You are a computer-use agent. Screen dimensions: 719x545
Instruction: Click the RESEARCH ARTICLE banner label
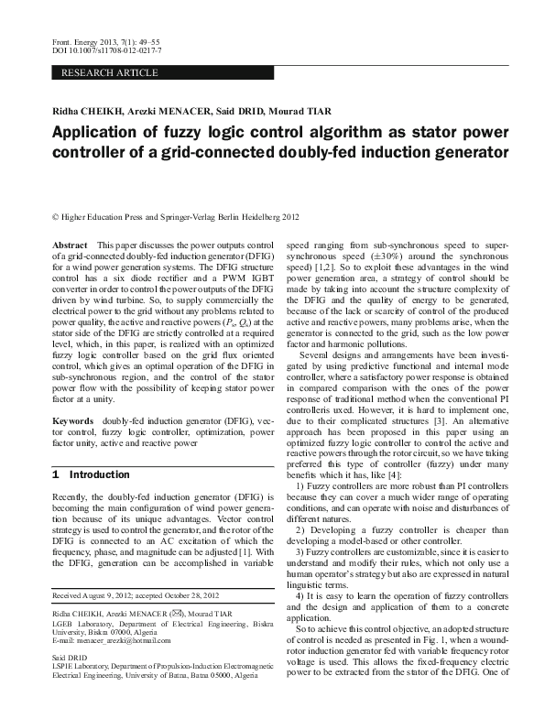(x=99, y=71)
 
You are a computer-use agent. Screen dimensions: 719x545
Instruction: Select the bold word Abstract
(x=70, y=246)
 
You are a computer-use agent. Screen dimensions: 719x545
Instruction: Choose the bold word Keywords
(x=73, y=421)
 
